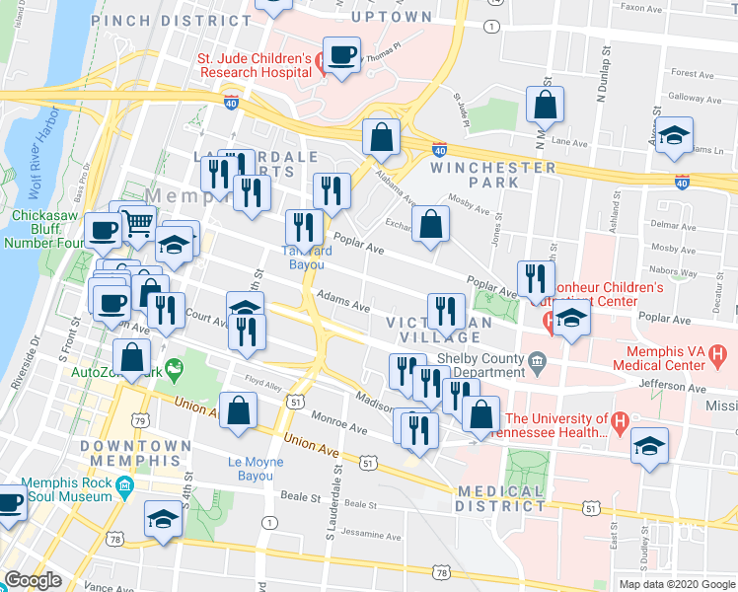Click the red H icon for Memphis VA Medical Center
click(717, 352)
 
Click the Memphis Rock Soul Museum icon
click(125, 486)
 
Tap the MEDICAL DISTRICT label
click(500, 498)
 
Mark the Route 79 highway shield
click(142, 422)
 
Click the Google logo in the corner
click(34, 580)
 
